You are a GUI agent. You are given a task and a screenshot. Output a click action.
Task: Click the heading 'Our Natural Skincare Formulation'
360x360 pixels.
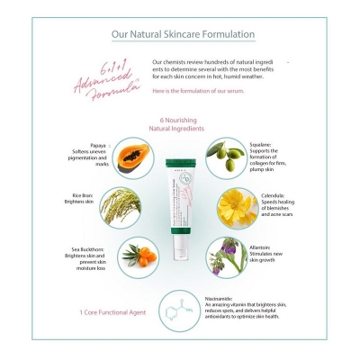point(182,35)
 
